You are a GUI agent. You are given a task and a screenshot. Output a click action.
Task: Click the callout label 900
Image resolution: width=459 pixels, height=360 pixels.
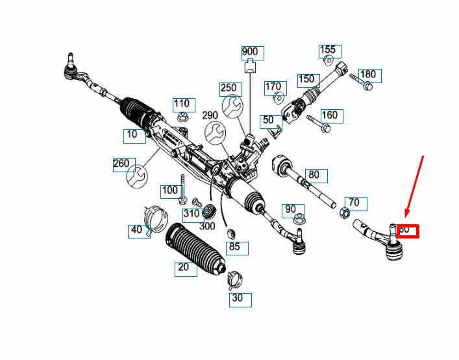click(249, 52)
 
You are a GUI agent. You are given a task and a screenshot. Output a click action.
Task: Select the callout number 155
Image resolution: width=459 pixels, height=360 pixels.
click(328, 50)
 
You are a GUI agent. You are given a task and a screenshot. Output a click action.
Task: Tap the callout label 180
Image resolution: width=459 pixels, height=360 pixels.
click(368, 75)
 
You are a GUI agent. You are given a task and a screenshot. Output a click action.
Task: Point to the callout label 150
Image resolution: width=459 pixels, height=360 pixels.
click(306, 80)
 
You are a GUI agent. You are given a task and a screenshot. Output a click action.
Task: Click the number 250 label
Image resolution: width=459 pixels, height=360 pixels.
click(229, 88)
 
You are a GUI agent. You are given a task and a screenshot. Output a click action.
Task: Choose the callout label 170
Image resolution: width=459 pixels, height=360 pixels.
click(273, 87)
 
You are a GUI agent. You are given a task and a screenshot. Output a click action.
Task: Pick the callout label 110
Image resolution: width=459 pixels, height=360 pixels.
click(182, 104)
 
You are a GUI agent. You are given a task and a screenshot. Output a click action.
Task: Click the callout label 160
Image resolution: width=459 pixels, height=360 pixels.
click(330, 116)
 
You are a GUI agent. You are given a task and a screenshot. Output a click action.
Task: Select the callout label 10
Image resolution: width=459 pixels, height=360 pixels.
click(133, 136)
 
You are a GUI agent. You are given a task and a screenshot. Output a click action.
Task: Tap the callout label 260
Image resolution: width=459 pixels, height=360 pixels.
click(122, 164)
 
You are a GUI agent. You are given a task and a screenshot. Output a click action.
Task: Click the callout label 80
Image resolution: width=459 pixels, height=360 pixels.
click(314, 175)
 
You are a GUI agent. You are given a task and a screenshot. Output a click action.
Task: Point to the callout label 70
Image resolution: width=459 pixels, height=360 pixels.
click(354, 203)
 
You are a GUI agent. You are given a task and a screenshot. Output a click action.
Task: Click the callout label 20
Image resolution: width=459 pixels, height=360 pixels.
click(184, 268)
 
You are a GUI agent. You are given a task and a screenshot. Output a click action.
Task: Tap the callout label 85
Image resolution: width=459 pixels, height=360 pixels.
click(234, 247)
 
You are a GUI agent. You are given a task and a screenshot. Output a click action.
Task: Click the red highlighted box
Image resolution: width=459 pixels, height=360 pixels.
click(408, 230)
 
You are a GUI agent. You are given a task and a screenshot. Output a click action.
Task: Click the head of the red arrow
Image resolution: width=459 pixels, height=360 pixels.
click(406, 216)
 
